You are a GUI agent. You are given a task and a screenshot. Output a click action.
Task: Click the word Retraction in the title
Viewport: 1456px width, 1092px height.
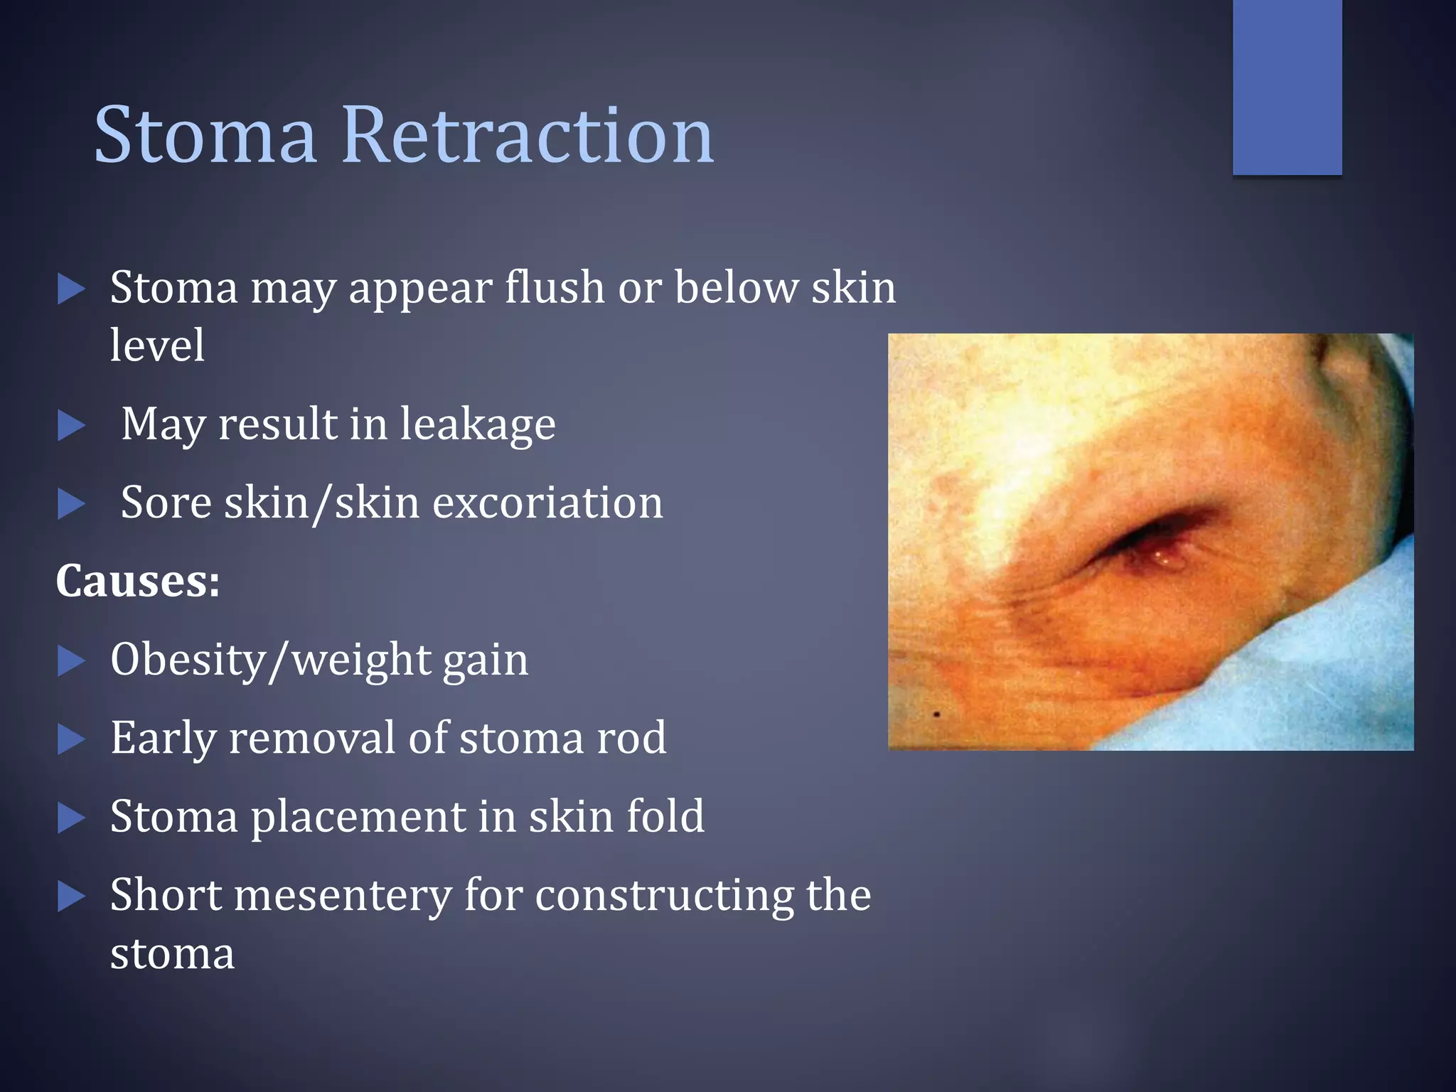pos(528,135)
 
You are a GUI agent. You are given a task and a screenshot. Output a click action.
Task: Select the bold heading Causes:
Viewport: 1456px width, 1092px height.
pos(138,581)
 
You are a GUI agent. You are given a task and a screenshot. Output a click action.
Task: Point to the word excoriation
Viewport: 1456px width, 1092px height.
pos(547,503)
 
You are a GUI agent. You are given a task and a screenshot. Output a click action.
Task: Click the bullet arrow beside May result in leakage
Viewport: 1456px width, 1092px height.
pos(71,425)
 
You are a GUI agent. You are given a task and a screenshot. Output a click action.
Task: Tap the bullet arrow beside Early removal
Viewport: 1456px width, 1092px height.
pos(71,739)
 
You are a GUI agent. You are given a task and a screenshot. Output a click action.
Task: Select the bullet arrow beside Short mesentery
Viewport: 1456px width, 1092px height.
pos(71,896)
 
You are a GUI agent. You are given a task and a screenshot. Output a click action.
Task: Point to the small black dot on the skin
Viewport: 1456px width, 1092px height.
pos(937,714)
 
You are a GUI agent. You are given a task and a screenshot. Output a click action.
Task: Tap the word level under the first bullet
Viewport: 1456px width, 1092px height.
pos(157,346)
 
